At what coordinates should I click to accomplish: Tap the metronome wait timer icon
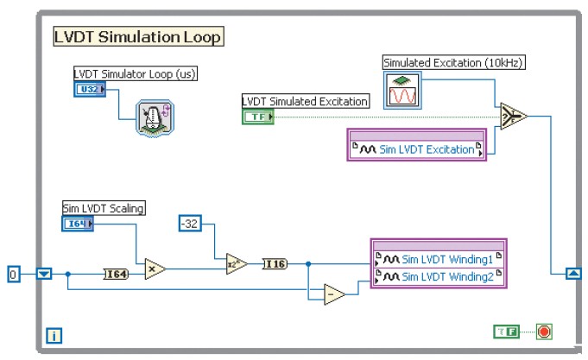pos(155,117)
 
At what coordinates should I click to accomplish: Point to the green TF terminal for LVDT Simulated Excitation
pos(257,117)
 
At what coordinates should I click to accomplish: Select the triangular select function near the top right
pos(514,116)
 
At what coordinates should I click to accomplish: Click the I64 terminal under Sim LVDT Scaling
pos(78,224)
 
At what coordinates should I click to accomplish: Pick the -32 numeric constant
pos(190,224)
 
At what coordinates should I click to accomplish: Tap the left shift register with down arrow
pos(45,274)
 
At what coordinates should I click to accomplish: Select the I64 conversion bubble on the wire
pos(116,274)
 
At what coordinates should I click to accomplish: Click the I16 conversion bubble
pos(275,263)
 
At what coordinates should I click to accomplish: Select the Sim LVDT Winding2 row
pos(438,276)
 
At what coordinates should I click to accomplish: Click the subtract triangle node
pos(332,295)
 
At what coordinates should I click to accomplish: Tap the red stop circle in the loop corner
pos(545,332)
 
